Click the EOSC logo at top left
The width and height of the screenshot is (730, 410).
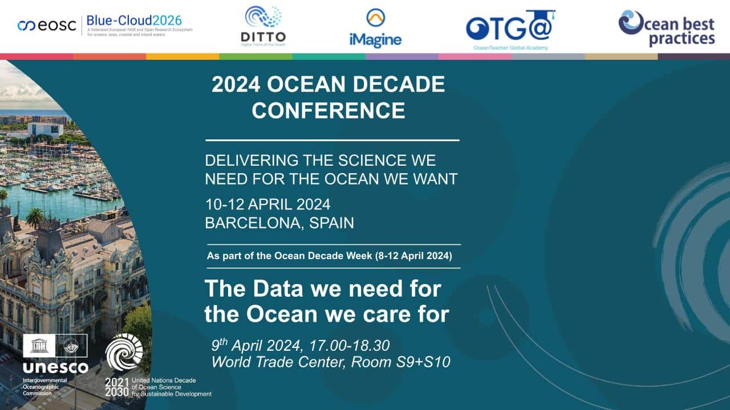pyautogui.click(x=47, y=26)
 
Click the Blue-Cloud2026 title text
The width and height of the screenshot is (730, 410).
pyautogui.click(x=134, y=20)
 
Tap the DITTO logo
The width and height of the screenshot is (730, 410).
pyautogui.click(x=263, y=26)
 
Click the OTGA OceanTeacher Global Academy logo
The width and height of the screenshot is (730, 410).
pyautogui.click(x=510, y=28)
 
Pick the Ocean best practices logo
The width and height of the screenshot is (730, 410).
pyautogui.click(x=666, y=28)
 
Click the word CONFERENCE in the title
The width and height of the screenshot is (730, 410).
pyautogui.click(x=328, y=110)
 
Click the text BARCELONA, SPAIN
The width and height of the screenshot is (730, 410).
pyautogui.click(x=279, y=223)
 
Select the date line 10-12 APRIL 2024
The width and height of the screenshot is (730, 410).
pyautogui.click(x=267, y=204)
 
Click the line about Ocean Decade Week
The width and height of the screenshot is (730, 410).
pyautogui.click(x=332, y=256)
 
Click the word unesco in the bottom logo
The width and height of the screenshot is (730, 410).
pyautogui.click(x=55, y=368)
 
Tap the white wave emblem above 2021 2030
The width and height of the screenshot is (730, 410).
pyautogui.click(x=124, y=352)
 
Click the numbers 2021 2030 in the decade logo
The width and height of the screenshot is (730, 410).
pyautogui.click(x=117, y=387)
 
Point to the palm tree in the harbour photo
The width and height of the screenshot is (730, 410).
pyautogui.click(x=35, y=217)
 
